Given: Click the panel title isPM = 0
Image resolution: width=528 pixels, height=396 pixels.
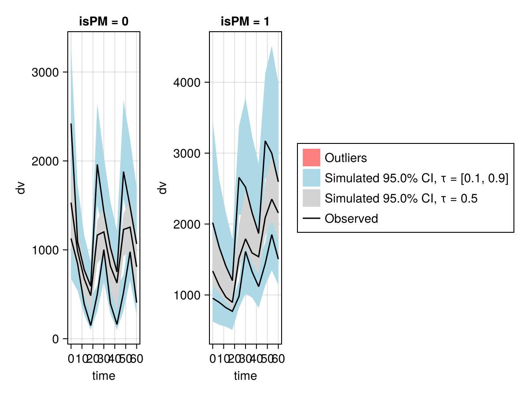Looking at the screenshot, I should tap(104, 22).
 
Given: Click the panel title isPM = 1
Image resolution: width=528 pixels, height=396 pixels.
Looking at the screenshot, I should tap(245, 22).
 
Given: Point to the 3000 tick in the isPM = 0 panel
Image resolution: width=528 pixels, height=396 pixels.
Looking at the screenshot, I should tap(45, 72).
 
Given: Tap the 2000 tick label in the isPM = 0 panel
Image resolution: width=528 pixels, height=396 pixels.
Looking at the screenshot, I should tap(45, 161).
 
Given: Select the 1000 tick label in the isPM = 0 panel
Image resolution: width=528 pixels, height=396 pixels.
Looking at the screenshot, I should tap(45, 250).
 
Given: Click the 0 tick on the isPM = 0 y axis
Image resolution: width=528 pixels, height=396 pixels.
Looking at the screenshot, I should tap(55, 339).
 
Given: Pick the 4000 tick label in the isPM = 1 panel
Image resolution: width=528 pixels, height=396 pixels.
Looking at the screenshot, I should tap(187, 82).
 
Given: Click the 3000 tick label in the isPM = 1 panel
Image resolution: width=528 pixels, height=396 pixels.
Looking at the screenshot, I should tap(187, 153).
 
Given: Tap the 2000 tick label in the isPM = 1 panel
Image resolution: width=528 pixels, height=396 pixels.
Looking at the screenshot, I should tap(187, 224).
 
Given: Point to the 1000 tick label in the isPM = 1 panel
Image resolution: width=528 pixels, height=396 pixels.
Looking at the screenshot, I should tap(187, 295).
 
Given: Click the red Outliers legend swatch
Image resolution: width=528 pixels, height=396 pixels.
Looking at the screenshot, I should tap(311, 158).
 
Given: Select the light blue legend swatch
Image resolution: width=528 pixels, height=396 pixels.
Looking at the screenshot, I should tap(311, 178).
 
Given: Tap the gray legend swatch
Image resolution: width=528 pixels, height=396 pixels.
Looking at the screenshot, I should tap(311, 198).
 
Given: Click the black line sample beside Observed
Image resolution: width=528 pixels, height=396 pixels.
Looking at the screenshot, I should tap(311, 218).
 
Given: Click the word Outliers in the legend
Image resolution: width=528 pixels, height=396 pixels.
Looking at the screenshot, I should tap(346, 158).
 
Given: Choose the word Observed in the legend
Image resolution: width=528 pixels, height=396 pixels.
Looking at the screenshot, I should tap(351, 218).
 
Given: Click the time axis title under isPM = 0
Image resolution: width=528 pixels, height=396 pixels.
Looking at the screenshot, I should tap(104, 376).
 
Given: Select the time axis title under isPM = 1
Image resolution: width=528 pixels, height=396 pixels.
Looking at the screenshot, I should tap(245, 376).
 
